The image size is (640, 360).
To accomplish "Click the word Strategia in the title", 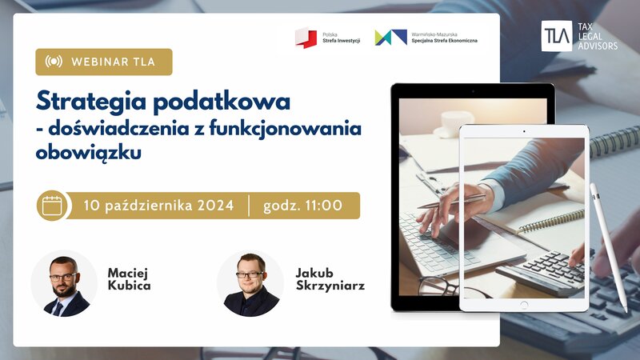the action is point(90,102).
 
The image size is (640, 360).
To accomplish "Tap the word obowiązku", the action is point(89,153).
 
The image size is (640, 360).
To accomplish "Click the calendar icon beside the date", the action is point(52,206).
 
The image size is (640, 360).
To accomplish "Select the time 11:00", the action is point(324,205).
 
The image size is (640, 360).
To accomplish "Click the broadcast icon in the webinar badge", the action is point(54,62).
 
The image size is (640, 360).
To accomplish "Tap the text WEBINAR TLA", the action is point(113,62).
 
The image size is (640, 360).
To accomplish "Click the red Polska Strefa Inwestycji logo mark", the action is point(306,38).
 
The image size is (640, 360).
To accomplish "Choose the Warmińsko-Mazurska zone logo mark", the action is point(390,38).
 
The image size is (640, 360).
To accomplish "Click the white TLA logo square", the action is point(556,36).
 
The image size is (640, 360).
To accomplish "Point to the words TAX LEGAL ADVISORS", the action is point(598,36).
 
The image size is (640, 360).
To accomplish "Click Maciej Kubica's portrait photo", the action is point(64,283).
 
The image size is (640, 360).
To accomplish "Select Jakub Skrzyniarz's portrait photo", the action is point(250,283).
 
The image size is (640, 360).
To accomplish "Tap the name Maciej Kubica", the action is point(129,279).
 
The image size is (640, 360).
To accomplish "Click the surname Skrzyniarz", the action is point(330,286).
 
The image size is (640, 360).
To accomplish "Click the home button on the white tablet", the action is point(524,305).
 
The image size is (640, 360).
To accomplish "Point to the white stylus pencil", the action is point(609,247).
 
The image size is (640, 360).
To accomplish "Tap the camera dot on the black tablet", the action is point(473,91).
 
